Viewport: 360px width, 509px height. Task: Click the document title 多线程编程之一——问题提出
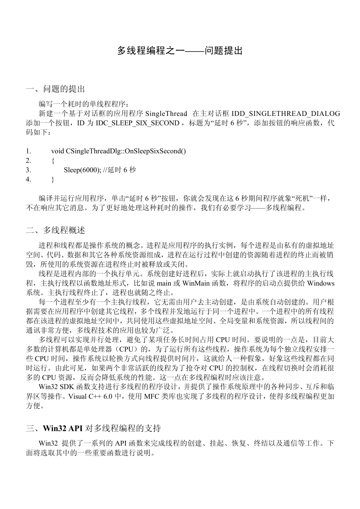pyautogui.click(x=180, y=51)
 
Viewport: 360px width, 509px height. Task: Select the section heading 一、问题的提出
pyautogui.click(x=55, y=89)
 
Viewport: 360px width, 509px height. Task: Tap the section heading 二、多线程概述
pyautogui.click(x=55, y=230)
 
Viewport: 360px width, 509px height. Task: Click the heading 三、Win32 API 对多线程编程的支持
pyautogui.click(x=93, y=428)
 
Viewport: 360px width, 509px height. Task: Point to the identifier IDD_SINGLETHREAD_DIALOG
pyautogui.click(x=286, y=114)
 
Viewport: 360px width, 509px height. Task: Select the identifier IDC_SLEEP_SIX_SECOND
pyautogui.click(x=138, y=123)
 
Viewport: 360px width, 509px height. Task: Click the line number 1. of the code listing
pyautogui.click(x=28, y=151)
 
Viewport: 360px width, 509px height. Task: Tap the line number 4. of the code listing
pyautogui.click(x=28, y=180)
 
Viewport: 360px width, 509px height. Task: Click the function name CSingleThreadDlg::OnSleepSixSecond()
pyautogui.click(x=126, y=151)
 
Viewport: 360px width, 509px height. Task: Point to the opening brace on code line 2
pyautogui.click(x=53, y=161)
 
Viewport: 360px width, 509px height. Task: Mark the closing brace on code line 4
pyautogui.click(x=53, y=180)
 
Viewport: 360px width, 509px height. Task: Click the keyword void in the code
pyautogui.click(x=58, y=151)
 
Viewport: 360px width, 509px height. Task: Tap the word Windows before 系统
pyautogui.click(x=321, y=283)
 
